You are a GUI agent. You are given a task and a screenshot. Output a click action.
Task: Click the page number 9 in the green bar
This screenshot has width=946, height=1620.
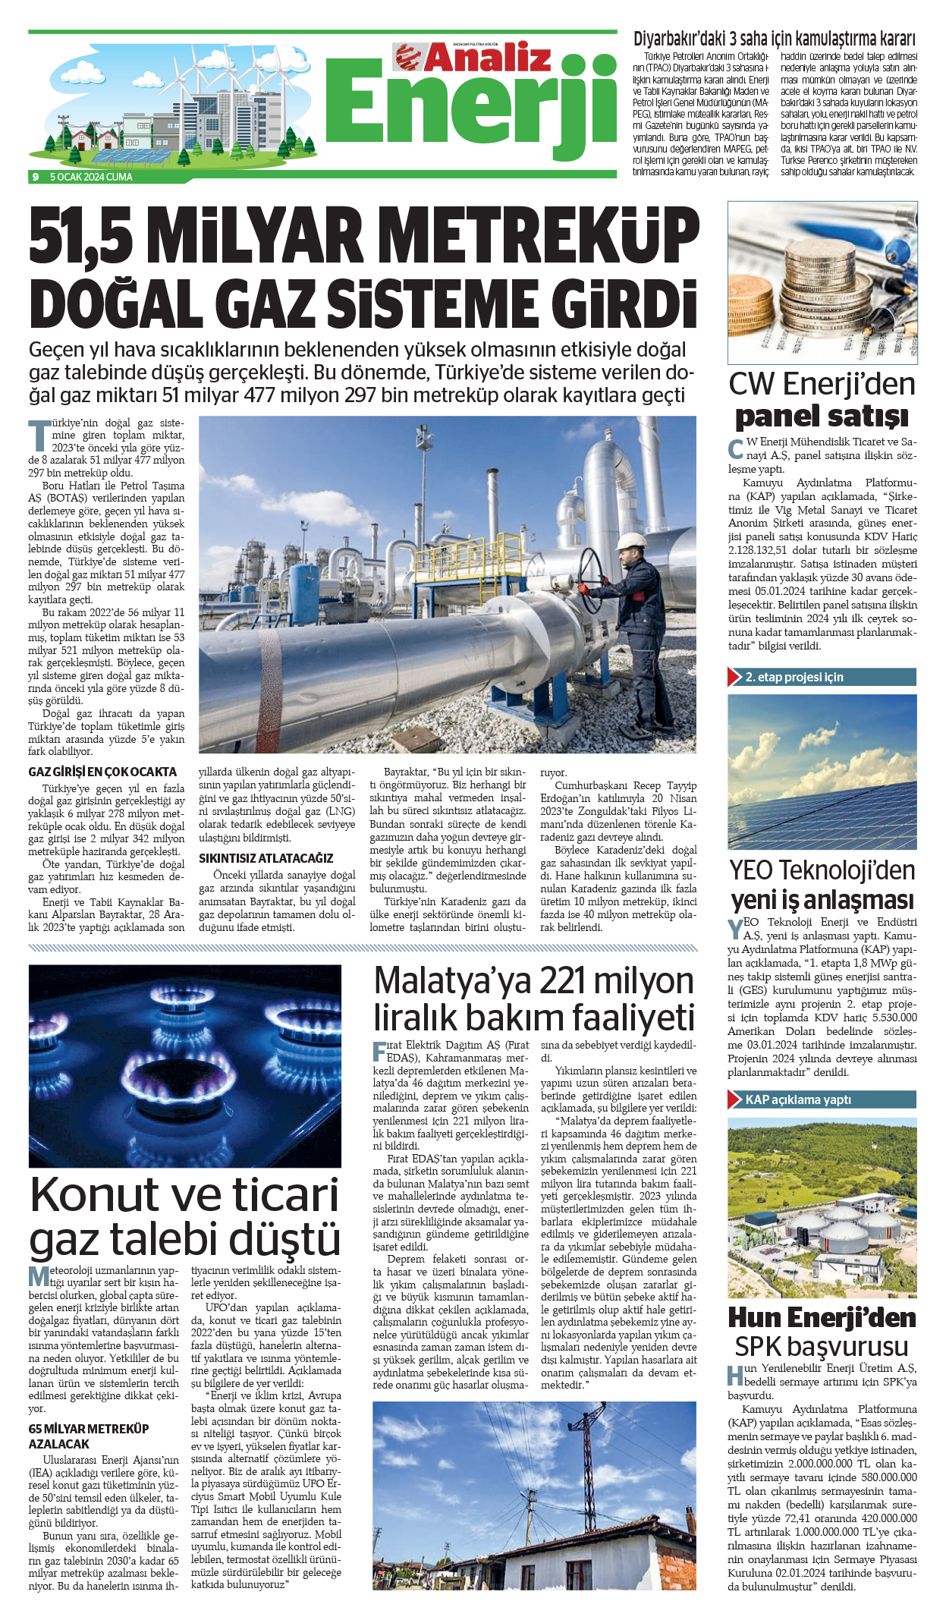35,177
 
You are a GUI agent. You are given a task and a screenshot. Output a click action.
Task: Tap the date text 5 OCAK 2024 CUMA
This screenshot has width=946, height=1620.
91,177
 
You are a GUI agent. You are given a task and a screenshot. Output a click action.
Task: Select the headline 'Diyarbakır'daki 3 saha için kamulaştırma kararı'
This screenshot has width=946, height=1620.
774,39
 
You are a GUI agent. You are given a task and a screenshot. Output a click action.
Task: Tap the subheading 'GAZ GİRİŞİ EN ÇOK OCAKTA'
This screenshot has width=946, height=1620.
102,772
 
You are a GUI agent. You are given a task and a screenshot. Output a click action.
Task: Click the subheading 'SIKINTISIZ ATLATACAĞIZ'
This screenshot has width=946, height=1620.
266,858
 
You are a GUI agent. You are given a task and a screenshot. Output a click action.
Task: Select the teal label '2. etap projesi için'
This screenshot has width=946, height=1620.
794,677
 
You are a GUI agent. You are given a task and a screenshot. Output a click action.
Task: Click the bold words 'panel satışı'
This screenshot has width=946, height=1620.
822,417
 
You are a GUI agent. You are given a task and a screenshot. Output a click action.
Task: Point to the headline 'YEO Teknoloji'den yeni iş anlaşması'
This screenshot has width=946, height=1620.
822,885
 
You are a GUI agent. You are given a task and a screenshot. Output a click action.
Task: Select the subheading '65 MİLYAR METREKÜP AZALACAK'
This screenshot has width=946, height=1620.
89,1436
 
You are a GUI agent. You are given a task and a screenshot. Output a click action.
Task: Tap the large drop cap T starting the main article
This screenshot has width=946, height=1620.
39,434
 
